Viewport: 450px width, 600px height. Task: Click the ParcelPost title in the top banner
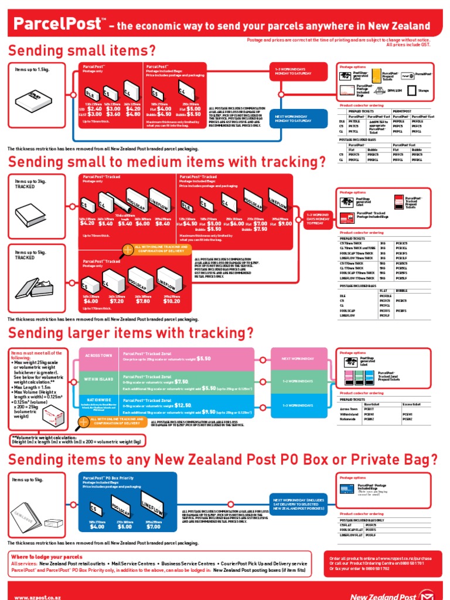tap(56, 25)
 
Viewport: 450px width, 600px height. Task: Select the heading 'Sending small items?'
tap(82, 50)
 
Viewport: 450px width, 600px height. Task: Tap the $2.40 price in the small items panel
tap(94, 108)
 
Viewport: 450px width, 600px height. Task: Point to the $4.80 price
tap(133, 114)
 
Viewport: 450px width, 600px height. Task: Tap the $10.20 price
tap(172, 301)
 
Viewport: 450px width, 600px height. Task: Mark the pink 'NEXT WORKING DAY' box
tap(298, 358)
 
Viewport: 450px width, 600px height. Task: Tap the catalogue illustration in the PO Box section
tap(29, 504)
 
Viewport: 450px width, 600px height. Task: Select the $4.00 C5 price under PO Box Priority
tap(97, 527)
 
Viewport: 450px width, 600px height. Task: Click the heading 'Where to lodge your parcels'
tap(47, 556)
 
